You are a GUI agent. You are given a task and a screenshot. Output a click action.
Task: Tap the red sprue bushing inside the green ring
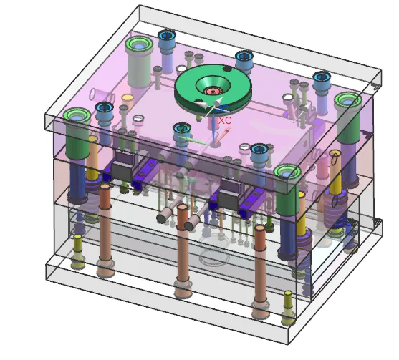(213, 91)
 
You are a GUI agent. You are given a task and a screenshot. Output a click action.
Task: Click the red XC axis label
(225, 120)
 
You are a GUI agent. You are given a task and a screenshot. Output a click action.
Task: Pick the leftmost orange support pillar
(105, 229)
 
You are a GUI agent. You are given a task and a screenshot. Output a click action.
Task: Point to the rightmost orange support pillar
(260, 271)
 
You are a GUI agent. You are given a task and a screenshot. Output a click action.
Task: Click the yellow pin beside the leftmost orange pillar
(78, 251)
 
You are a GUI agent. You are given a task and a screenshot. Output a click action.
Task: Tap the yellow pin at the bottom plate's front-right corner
(288, 308)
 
